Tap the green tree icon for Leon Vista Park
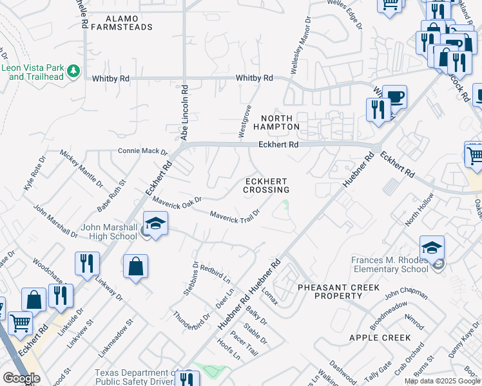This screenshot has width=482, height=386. pyautogui.click(x=74, y=69)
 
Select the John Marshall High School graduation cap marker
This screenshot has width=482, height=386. pyautogui.click(x=155, y=223)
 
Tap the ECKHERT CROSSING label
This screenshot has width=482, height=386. pyautogui.click(x=266, y=185)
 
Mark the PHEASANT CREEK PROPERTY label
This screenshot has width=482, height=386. pyautogui.click(x=338, y=291)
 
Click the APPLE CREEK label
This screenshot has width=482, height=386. pyautogui.click(x=380, y=338)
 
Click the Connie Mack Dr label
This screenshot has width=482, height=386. pyautogui.click(x=142, y=151)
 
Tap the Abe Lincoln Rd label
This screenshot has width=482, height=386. pyautogui.click(x=184, y=113)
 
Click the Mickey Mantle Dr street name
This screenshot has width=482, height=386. pyautogui.click(x=81, y=167)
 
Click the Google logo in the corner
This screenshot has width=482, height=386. pyautogui.click(x=21, y=378)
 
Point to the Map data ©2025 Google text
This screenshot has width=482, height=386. pyautogui.click(x=442, y=381)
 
